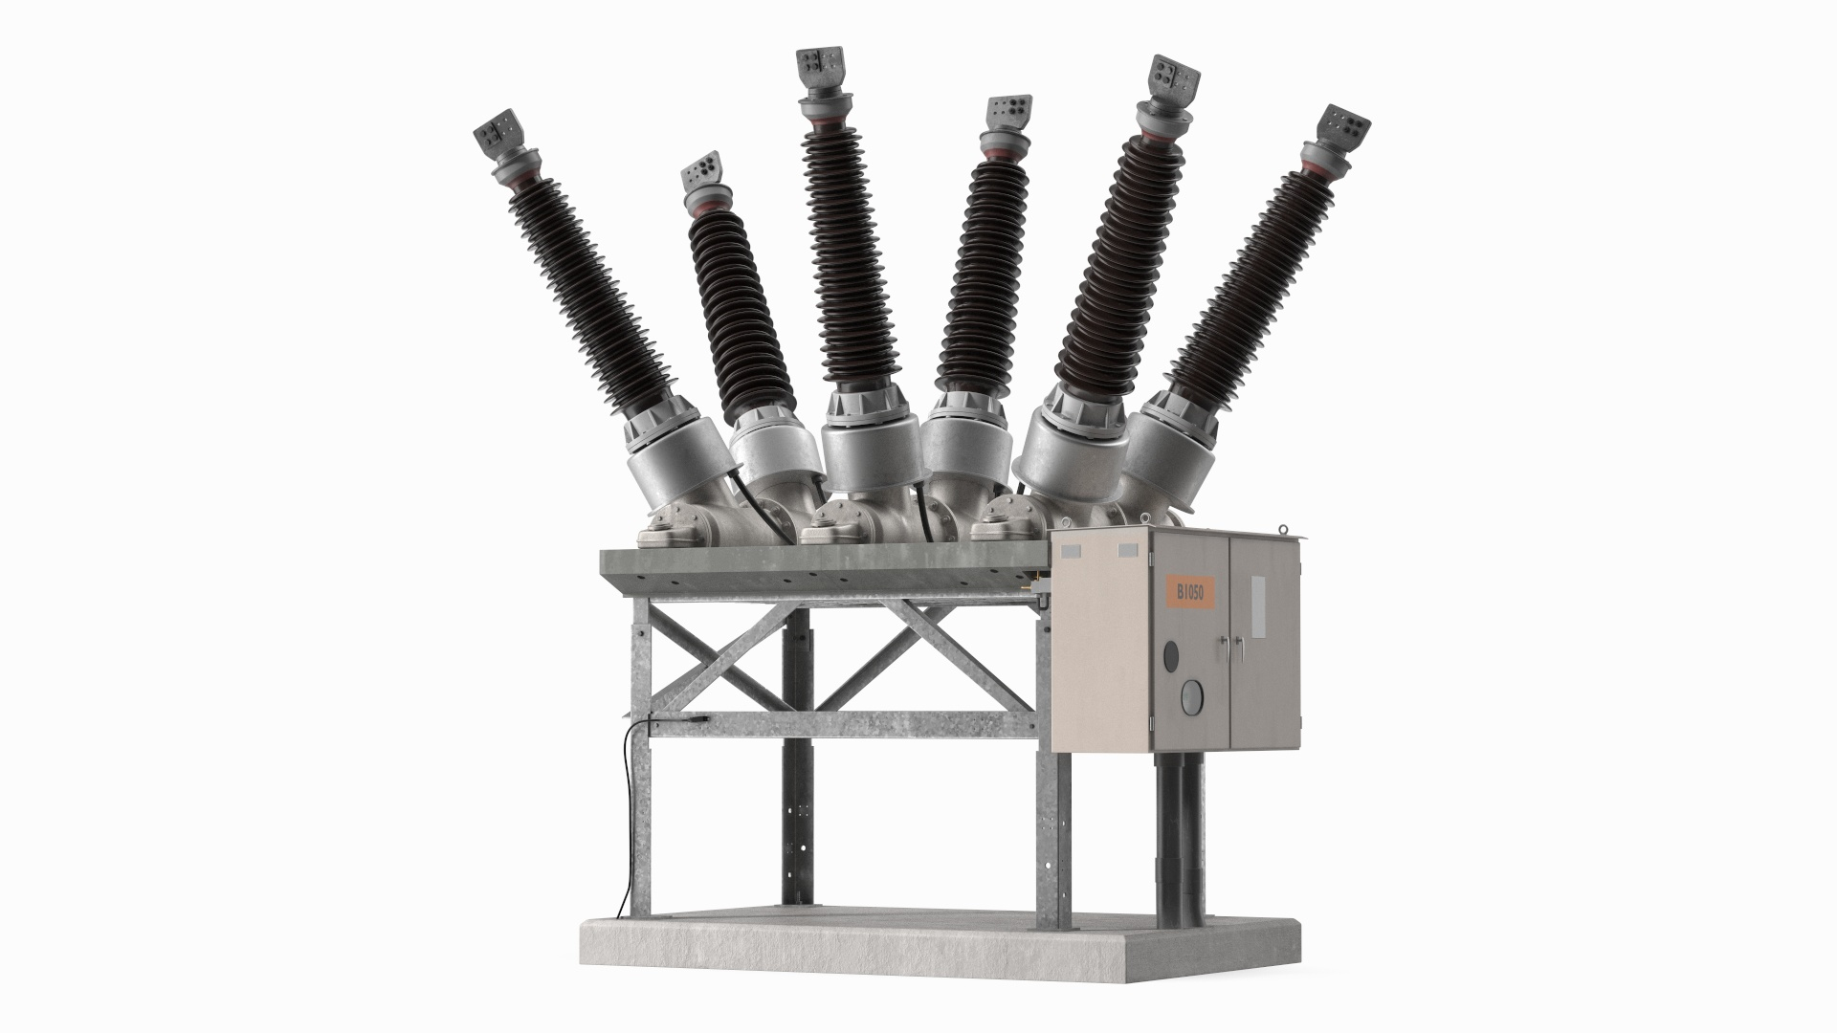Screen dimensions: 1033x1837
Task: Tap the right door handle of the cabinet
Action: click(x=1236, y=650)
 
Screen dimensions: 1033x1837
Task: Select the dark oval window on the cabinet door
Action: click(x=1170, y=656)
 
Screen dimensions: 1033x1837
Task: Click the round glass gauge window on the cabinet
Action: click(x=1191, y=694)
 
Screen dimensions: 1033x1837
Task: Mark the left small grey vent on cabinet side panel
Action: click(x=1069, y=550)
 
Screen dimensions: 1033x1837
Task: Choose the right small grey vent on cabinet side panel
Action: click(x=1128, y=549)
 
